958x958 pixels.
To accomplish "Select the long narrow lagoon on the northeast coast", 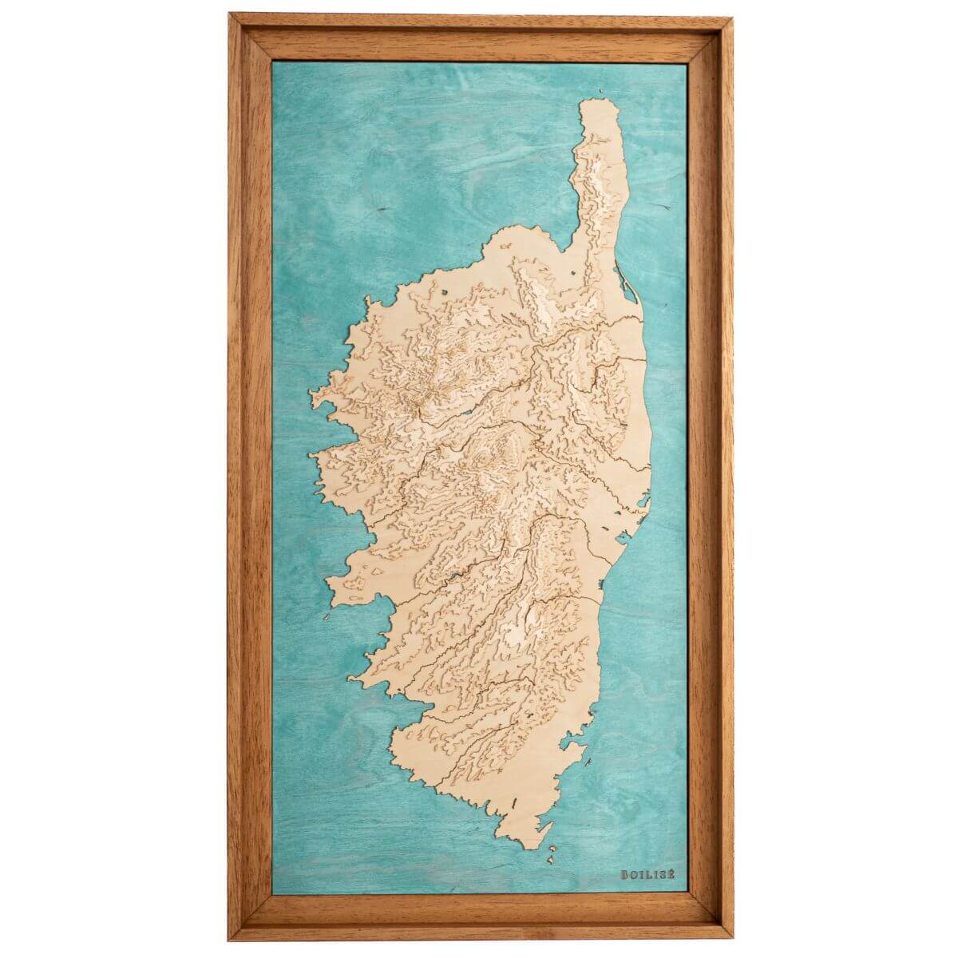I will pos(623,279).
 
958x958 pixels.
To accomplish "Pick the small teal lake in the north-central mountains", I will pos(464,416).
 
